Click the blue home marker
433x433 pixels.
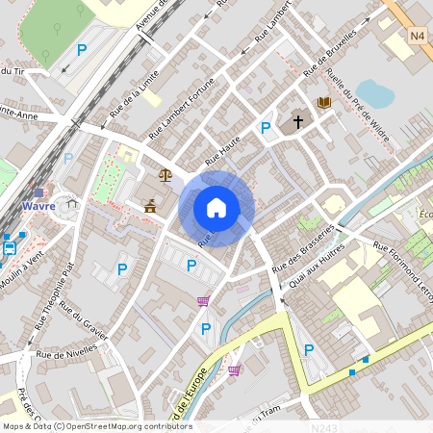pos(216,208)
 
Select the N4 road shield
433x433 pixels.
pos(418,37)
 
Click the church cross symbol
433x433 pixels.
pos(298,122)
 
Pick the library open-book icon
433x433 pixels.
pos(324,102)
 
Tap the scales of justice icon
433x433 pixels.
pos(166,175)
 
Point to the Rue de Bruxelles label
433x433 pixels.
pos(329,54)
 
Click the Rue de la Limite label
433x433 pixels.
pos(134,93)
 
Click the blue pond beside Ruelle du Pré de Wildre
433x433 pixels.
pos(374,92)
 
